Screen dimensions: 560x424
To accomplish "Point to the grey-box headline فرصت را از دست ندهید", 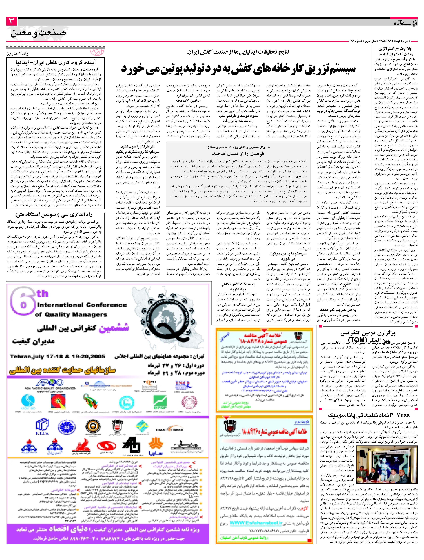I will coord(238,154).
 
